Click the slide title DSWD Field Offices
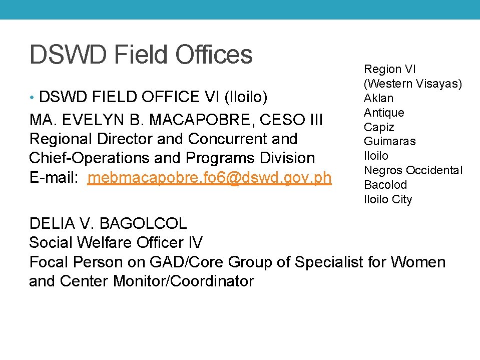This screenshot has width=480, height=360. pos(141,55)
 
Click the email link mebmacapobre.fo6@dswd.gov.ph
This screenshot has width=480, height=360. pos(209,177)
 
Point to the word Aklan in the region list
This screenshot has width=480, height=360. pos(378,98)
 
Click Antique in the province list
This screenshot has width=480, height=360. pos(384,113)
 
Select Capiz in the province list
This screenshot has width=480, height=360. pos(379,127)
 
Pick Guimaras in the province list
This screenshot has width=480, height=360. pos(389,141)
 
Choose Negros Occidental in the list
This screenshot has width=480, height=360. pos(413,170)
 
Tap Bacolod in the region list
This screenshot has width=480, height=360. pos(385,185)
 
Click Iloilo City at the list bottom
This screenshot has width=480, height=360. pos(388,199)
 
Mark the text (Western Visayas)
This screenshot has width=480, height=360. pos(413,84)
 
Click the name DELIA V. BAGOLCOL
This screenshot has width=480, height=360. pos(108,223)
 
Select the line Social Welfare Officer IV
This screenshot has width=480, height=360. pos(116,243)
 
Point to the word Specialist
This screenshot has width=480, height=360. pos(328,262)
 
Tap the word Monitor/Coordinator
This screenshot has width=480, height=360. pos(184,281)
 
